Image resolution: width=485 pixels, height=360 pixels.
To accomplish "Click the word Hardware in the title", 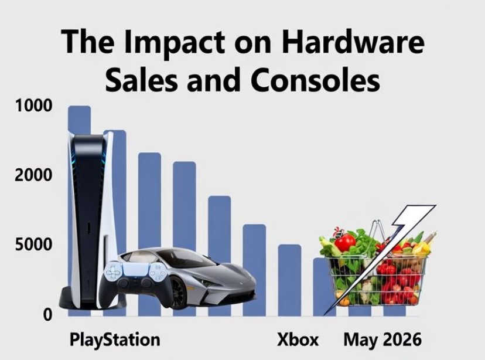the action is (x=353, y=42).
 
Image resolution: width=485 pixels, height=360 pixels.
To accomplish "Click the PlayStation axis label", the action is (x=115, y=340).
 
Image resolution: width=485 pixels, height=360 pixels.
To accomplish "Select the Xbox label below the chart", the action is (x=298, y=339).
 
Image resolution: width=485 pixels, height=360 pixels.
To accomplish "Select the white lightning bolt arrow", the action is (x=381, y=259).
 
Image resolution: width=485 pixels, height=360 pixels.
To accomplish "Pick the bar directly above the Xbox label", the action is (x=289, y=280).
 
